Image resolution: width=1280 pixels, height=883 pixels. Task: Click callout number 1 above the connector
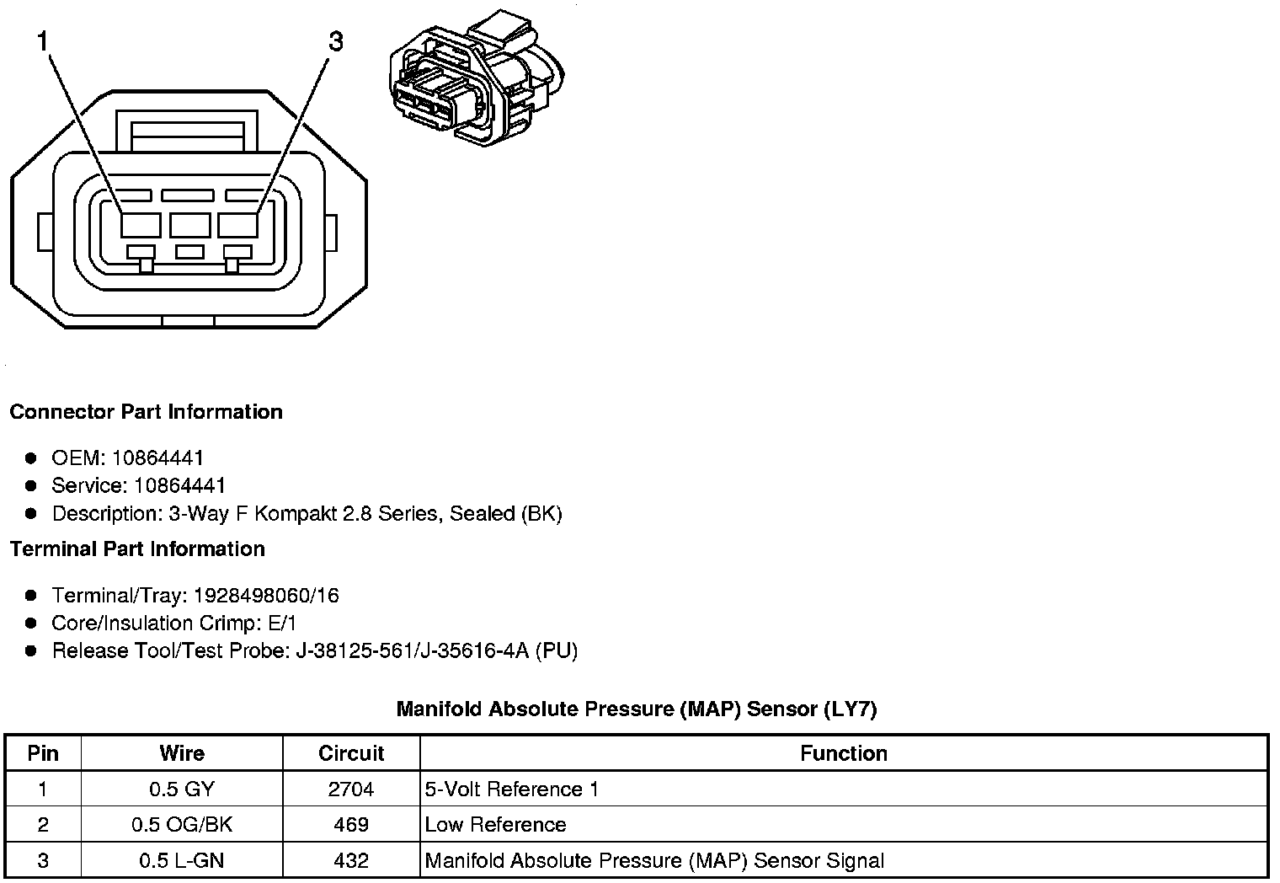[x=41, y=41]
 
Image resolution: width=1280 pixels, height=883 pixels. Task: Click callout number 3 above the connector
[x=335, y=41]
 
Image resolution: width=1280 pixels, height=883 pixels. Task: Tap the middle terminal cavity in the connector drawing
[x=189, y=225]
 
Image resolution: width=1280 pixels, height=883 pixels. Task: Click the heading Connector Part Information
[x=146, y=412]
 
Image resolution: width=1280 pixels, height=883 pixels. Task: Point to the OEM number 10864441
[x=157, y=458]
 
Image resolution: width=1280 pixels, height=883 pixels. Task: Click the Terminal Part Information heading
[x=137, y=549]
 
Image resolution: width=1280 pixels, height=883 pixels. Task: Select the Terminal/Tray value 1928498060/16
[x=266, y=596]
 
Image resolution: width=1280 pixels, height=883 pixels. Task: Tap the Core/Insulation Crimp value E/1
[x=280, y=623]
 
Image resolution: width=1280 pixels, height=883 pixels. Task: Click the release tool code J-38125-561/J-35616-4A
[x=413, y=651]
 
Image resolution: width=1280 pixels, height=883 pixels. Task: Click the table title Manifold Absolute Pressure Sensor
[x=637, y=709]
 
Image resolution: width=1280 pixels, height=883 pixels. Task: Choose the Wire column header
[x=182, y=753]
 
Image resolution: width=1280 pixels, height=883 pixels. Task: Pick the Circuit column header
[x=351, y=753]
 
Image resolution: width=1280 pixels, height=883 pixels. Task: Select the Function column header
[x=844, y=753]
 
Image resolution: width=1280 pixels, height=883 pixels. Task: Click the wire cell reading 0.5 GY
[x=182, y=789]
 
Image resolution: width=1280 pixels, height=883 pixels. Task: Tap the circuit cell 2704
[x=351, y=789]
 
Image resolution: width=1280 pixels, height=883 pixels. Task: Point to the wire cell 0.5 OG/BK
[x=182, y=825]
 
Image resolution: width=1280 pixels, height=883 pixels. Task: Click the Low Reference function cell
[x=495, y=825]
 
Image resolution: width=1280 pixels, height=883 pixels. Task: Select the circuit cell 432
[x=351, y=861]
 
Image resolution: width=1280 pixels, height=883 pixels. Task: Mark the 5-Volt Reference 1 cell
[x=512, y=789]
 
